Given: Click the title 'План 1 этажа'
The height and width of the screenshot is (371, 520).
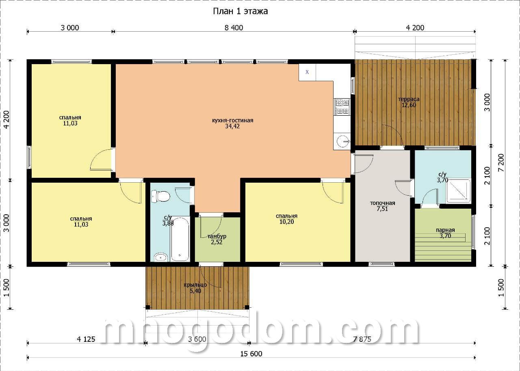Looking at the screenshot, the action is point(240,11).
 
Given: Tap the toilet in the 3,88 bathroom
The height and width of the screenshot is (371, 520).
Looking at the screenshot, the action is point(160,196).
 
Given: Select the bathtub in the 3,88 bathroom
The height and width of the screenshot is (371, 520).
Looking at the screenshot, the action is point(180,239).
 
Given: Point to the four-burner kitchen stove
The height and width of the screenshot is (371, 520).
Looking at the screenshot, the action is point(342,107).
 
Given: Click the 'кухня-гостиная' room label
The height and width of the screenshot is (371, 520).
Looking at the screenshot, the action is point(233,121).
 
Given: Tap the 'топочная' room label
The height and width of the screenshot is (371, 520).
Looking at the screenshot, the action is point(382,203).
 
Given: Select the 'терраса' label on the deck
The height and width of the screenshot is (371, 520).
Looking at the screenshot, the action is point(409,99).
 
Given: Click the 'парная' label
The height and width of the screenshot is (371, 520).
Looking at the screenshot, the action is point(445,230).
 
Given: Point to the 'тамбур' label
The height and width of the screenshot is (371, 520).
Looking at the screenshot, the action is point(217,237).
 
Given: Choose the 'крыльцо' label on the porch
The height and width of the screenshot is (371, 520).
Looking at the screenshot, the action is point(195,285).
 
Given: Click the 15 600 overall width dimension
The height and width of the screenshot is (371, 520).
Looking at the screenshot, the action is point(251,354).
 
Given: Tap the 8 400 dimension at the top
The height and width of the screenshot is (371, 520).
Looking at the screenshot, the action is point(234,28).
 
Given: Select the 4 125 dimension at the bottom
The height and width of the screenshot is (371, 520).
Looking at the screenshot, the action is point(86,339).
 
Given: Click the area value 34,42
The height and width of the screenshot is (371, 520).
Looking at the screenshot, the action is point(232,126).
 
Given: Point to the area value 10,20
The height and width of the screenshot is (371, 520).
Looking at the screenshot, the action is point(286,222).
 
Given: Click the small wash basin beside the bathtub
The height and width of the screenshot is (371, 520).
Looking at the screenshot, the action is point(161,257).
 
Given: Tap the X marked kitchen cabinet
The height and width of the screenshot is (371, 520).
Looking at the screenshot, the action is point(307,72).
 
